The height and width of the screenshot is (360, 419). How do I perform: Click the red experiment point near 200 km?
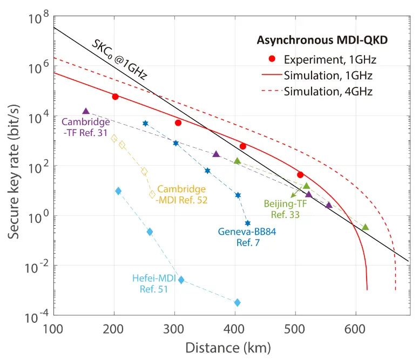click(115, 97)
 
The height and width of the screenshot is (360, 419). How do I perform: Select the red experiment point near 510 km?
click(300, 174)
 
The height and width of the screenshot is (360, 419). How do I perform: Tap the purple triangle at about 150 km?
click(86, 111)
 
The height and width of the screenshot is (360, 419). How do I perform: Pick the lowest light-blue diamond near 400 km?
click(237, 302)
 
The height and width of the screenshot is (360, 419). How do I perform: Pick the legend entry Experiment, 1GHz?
click(330, 58)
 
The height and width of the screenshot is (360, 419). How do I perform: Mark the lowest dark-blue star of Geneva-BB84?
click(248, 223)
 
